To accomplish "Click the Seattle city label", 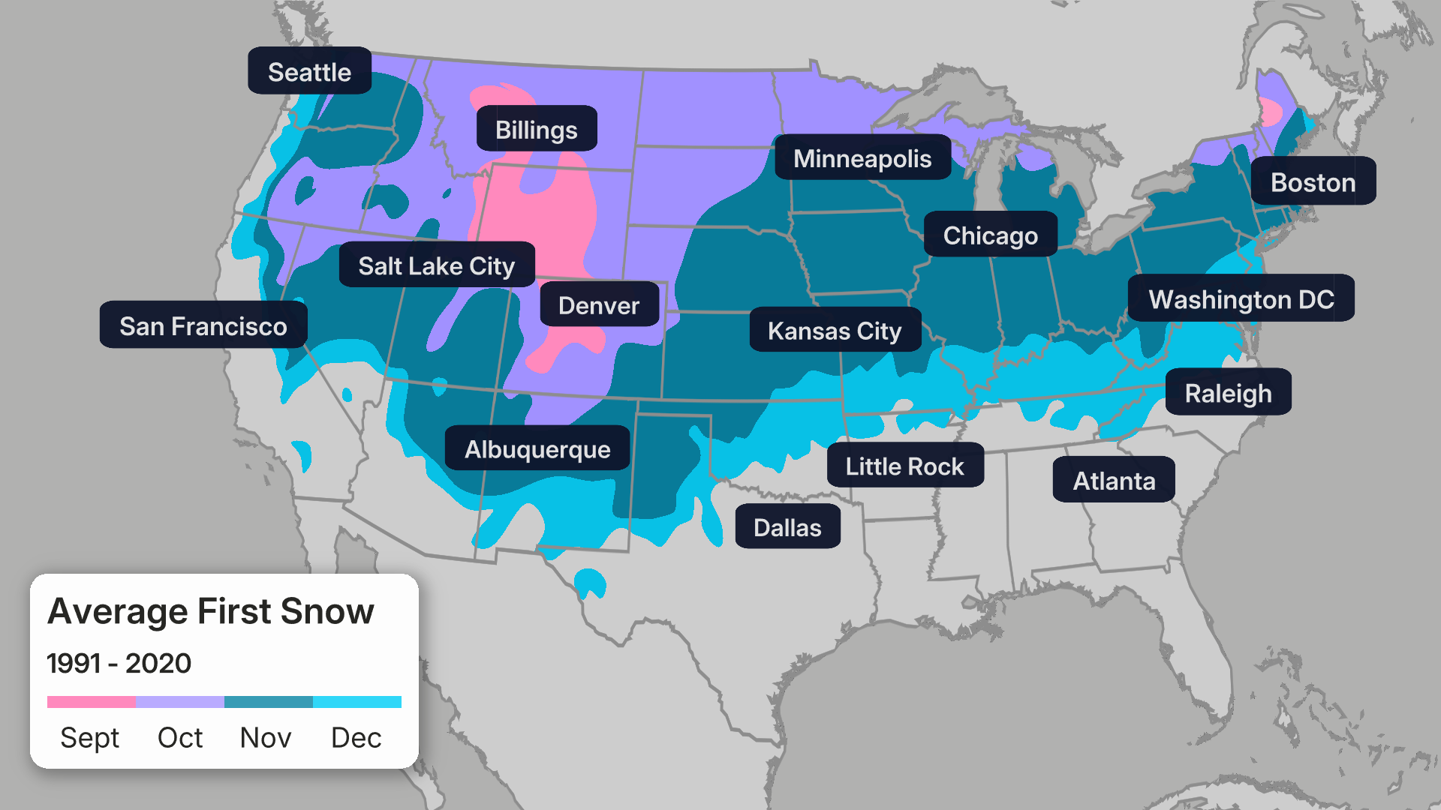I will [309, 71].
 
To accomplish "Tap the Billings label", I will [537, 129].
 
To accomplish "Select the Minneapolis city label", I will [862, 157].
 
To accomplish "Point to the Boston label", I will [1313, 181].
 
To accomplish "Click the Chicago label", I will [990, 235].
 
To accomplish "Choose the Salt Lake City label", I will [437, 265].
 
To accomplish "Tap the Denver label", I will [599, 304].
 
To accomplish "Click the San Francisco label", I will [203, 325].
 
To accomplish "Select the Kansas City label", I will [835, 330].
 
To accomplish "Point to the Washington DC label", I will [1241, 298].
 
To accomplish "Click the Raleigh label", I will [1228, 392].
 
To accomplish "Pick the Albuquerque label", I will [537, 448].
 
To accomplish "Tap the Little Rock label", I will [904, 466].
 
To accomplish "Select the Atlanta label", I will [1114, 480].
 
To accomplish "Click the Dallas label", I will [787, 526].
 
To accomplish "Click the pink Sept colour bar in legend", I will [92, 702].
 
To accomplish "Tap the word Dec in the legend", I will [356, 737].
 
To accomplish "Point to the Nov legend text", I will [266, 737].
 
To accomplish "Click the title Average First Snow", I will [211, 610].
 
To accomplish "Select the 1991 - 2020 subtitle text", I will [119, 663].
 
